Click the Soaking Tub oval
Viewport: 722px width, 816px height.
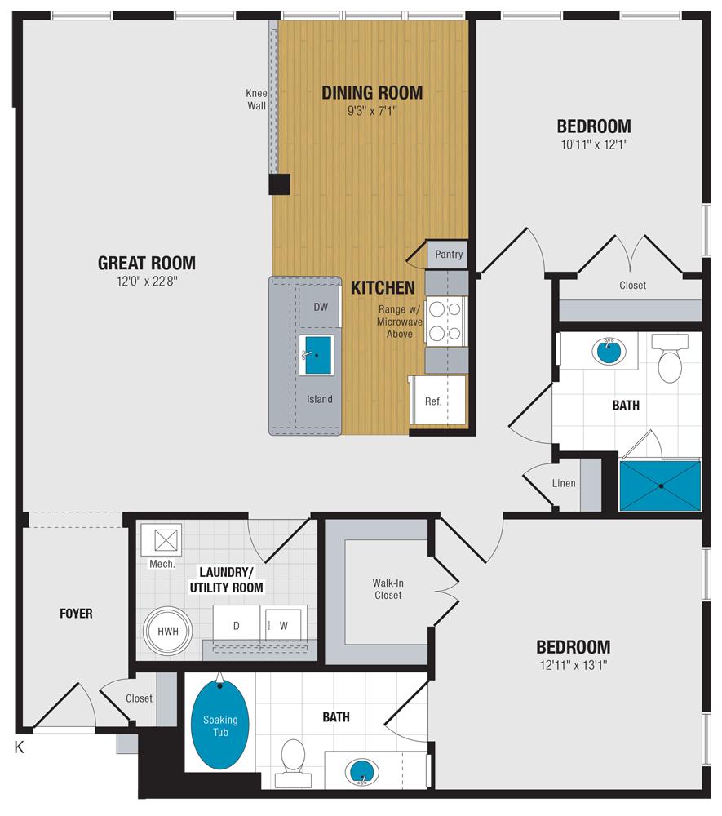pos(220,725)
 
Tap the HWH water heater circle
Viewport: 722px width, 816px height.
pos(168,632)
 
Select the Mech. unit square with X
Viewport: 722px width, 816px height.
pos(161,539)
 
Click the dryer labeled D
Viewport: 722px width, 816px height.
pos(236,625)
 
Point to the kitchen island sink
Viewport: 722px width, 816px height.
pos(317,355)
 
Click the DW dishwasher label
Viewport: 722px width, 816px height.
pos(320,308)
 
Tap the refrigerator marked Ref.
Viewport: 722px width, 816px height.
pos(433,401)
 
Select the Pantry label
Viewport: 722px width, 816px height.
pos(448,255)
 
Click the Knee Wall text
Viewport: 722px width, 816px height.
pos(256,100)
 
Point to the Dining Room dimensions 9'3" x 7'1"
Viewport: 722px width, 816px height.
pos(372,112)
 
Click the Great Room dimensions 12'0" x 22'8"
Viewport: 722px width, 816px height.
pos(147,282)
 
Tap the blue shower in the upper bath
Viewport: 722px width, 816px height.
pos(660,486)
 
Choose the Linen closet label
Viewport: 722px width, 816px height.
pos(564,483)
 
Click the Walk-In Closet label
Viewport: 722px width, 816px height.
pos(388,589)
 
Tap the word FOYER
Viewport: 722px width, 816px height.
pos(76,614)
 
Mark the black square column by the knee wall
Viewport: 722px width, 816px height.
pos(279,184)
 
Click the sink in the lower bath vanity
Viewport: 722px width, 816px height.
pos(361,769)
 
